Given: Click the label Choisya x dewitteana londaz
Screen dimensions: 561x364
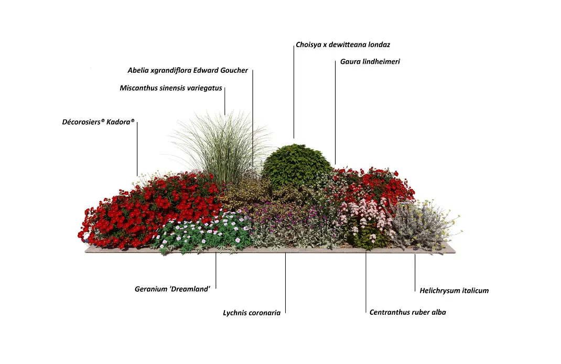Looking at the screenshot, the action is pos(343,45).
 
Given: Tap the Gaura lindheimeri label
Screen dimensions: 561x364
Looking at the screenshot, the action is pos(370,61).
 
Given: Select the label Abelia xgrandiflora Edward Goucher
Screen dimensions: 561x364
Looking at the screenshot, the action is pos(188,70).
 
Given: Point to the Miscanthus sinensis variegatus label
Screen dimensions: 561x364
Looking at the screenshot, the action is pos(171,88).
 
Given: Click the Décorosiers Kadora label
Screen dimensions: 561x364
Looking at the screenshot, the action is pos(99,122).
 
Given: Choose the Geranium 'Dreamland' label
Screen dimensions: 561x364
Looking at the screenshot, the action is pos(172,289).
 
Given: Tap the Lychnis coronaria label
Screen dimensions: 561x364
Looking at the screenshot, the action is pos(252,313).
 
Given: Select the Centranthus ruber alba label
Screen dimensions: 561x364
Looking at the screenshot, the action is pos(407,312).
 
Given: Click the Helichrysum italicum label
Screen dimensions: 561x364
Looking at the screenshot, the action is pos(454,291).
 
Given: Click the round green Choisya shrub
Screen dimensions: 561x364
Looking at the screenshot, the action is pos(297,166).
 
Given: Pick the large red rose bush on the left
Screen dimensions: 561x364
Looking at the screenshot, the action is pos(150,211).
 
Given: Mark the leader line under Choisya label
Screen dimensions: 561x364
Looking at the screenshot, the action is pos(294,92).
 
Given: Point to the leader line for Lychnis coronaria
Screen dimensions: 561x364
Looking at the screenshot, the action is pos(286,283).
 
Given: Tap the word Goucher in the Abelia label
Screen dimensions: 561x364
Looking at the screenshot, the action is pos(234,70).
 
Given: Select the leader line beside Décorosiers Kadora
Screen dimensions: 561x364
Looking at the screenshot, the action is pos(137,149).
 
